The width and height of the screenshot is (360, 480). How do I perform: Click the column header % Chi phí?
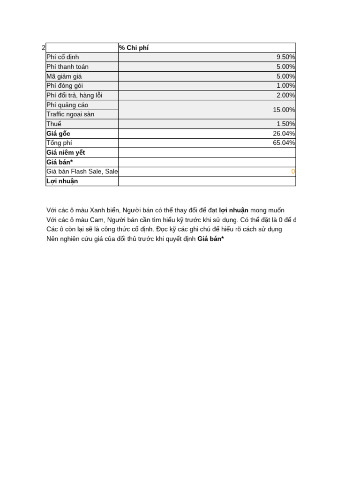[135, 48]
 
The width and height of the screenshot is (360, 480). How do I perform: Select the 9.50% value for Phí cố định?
[285, 57]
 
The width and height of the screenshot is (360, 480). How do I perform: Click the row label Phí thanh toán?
[67, 67]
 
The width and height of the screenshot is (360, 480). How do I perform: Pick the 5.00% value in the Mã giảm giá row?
[285, 76]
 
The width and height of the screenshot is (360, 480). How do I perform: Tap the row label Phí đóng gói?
[65, 86]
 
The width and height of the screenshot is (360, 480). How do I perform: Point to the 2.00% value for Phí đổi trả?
[285, 95]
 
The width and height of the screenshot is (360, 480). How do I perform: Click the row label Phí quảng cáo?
[67, 105]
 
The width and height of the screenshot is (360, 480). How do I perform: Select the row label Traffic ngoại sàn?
[70, 114]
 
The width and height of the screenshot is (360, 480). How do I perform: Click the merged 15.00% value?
[284, 110]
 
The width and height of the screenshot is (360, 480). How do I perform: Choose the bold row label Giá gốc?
[58, 134]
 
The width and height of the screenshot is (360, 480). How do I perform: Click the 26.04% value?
[284, 134]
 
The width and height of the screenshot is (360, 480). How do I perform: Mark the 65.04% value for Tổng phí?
[284, 143]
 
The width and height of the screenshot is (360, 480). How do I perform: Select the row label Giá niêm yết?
[66, 152]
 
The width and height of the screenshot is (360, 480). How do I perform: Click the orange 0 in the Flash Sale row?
[293, 172]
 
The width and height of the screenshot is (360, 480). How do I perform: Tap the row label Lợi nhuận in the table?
[62, 181]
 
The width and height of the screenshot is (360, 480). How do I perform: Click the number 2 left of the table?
[44, 48]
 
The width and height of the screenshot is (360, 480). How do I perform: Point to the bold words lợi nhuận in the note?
[234, 210]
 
